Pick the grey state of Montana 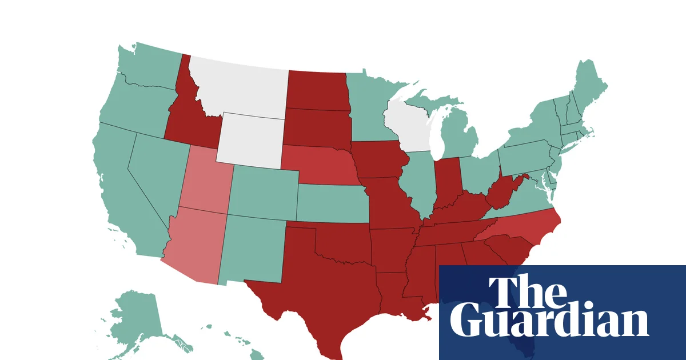[x=240, y=86]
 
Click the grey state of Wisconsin [x=407, y=123]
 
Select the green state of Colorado [x=263, y=191]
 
